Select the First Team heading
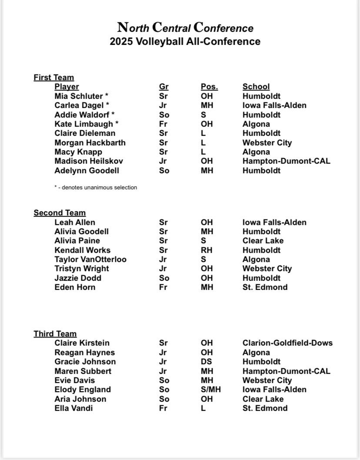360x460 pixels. [x=54, y=77]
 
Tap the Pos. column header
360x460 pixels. [x=209, y=87]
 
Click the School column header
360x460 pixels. [x=256, y=87]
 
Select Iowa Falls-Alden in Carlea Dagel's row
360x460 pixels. [x=274, y=105]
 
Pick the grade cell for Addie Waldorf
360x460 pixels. [x=164, y=115]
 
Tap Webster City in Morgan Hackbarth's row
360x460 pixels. [x=267, y=143]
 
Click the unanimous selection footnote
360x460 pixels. [x=96, y=188]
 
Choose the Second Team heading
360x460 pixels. [x=60, y=213]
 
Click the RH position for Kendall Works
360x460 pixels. [x=207, y=250]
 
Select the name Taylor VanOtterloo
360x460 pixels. [x=90, y=259]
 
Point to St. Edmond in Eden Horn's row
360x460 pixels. [x=265, y=287]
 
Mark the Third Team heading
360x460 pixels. [x=55, y=334]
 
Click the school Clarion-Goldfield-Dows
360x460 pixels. [x=287, y=343]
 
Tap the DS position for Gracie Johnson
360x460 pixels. [x=207, y=362]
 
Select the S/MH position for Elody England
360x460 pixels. [x=210, y=389]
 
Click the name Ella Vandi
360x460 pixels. [x=73, y=408]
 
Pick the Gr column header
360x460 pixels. [x=163, y=87]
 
